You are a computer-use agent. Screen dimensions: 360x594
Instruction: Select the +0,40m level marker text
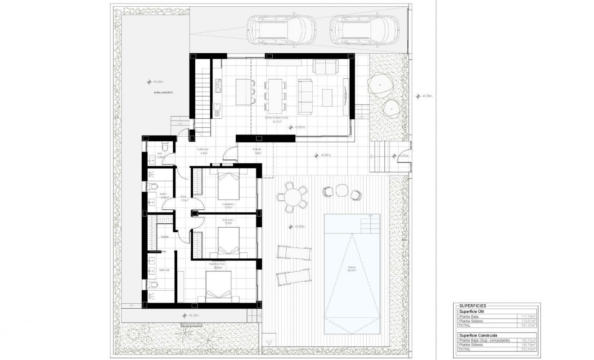click(x=157, y=82)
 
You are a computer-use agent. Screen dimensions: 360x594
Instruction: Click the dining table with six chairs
click(x=274, y=95)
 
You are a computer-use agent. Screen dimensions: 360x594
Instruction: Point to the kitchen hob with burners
click(x=218, y=85)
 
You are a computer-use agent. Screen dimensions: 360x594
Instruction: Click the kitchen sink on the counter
click(x=217, y=107)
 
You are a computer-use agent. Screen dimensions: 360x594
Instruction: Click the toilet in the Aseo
click(x=165, y=147)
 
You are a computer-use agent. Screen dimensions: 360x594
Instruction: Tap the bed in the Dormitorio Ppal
click(x=219, y=287)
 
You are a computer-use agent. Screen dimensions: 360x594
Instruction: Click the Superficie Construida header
click(x=478, y=335)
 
